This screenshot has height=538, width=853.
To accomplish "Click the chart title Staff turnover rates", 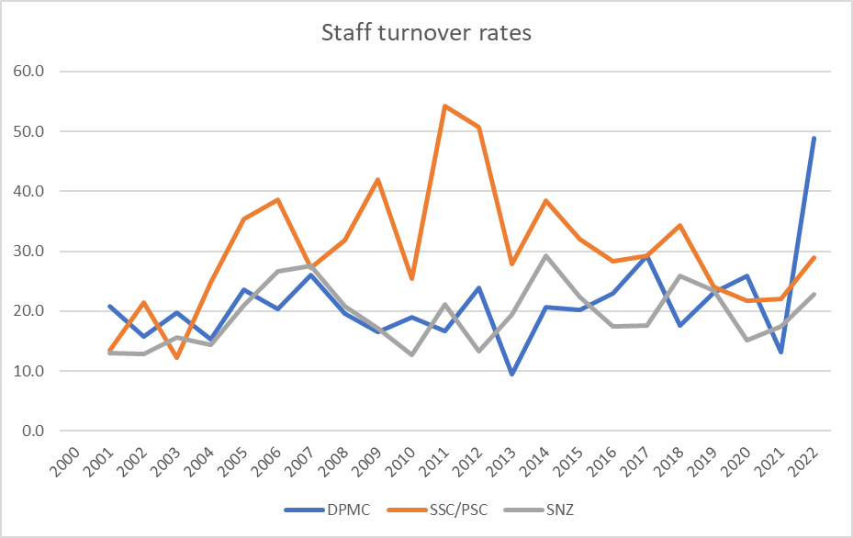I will (426, 34).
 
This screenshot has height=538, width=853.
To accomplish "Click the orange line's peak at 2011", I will (444, 106).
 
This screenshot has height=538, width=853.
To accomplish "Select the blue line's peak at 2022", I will (814, 139).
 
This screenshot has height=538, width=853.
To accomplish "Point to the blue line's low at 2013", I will (511, 374).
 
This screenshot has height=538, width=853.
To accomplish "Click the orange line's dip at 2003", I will (177, 358).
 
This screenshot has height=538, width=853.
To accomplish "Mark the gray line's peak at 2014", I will (545, 256).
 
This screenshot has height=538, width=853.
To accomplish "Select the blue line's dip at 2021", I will (780, 353).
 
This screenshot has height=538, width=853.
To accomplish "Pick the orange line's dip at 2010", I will (411, 278).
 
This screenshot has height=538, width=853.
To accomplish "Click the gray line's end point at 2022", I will (814, 295).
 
